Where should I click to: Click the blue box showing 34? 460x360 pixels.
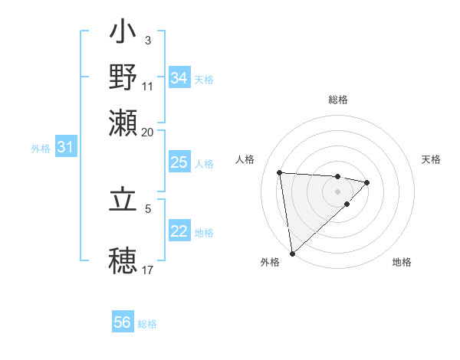tap(179, 78)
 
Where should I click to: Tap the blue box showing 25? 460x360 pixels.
tap(179, 162)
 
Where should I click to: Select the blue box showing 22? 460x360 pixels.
tap(179, 231)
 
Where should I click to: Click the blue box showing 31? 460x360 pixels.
tap(65, 147)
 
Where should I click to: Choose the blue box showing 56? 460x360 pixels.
tap(123, 322)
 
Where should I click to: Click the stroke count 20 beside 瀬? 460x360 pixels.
tap(148, 132)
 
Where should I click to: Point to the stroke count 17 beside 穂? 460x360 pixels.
tap(148, 270)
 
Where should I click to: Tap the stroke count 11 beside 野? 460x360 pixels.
tap(148, 87)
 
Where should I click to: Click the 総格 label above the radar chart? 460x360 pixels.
tap(337, 100)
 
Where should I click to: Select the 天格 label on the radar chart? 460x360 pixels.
tap(432, 159)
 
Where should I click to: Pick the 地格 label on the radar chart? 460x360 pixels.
tap(402, 262)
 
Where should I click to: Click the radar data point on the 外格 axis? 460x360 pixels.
tap(292, 253)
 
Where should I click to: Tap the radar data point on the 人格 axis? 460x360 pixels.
tap(280, 172)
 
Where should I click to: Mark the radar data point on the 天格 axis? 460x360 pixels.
tap(367, 182)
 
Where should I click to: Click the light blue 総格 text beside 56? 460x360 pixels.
tap(147, 324)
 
